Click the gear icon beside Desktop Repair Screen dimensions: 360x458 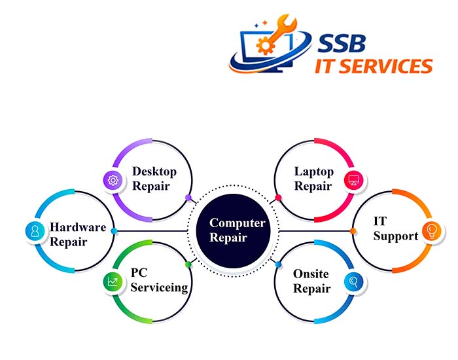(113, 180)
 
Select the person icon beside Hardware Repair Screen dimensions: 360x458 (33, 230)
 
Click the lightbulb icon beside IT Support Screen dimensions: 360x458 (432, 230)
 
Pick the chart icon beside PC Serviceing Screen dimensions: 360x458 (113, 283)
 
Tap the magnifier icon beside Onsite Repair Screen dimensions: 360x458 (353, 283)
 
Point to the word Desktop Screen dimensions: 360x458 (154, 171)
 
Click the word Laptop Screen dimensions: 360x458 (314, 171)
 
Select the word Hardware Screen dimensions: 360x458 (78, 228)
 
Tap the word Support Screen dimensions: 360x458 (396, 236)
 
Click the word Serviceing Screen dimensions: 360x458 (159, 287)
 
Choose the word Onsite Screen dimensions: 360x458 (311, 274)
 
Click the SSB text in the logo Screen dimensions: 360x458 (342, 43)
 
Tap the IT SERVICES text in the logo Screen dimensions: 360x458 (374, 66)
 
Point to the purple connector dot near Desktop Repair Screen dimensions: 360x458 (188, 197)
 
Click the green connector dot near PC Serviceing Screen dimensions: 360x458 (188, 264)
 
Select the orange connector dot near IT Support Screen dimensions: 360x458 (353, 230)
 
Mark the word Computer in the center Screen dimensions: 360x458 (238, 224)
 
